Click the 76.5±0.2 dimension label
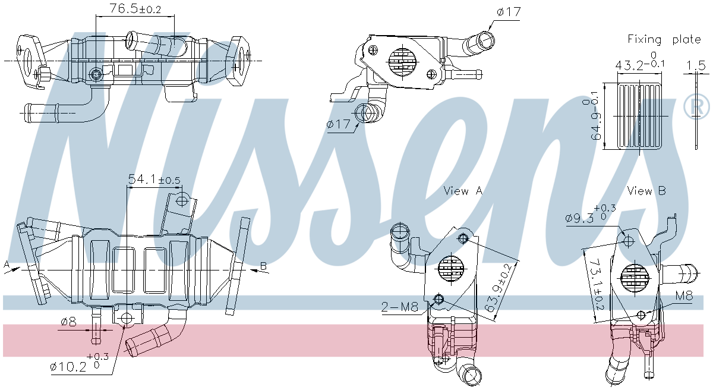coord(135,9)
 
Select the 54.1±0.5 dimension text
coord(154,179)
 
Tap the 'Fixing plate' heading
coord(664,39)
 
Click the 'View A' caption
coord(463,191)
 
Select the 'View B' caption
coord(646,191)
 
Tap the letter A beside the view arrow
coord(6,264)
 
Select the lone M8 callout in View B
coord(683,296)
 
